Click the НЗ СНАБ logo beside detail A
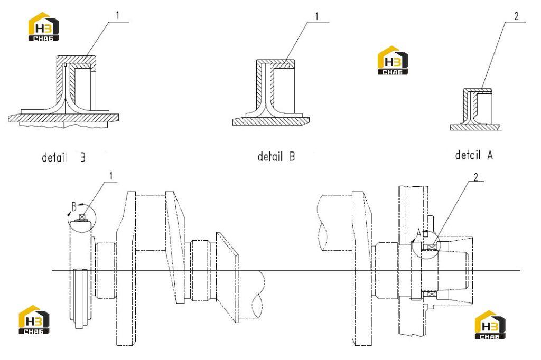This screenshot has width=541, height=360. (x=393, y=60)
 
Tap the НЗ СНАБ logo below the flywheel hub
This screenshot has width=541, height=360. (x=490, y=325)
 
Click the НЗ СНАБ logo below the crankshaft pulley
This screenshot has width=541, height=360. (x=34, y=320)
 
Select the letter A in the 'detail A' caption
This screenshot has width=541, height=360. (x=490, y=156)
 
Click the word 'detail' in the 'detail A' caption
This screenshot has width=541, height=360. (x=468, y=155)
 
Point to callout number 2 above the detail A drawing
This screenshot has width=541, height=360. (x=516, y=16)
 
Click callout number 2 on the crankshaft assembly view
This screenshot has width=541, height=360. (x=476, y=177)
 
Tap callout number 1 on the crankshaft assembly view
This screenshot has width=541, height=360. (x=111, y=176)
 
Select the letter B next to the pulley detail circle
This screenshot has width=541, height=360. (x=74, y=206)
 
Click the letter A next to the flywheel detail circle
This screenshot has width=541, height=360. (x=419, y=233)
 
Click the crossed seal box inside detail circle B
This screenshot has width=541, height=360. (x=82, y=217)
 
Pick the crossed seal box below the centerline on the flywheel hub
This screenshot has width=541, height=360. (x=431, y=293)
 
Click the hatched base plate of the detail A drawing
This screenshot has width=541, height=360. (x=475, y=128)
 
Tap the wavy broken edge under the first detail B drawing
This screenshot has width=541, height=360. (x=64, y=125)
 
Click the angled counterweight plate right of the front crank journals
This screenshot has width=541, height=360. (x=227, y=278)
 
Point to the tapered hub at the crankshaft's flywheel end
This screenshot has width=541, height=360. (x=455, y=270)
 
